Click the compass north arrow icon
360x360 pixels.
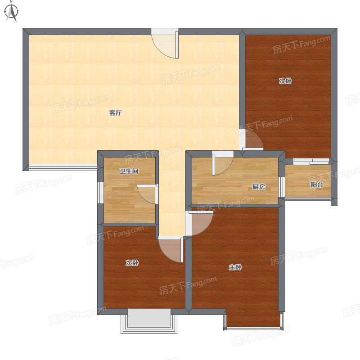pos(12,13)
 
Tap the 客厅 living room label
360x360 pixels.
pos(115,113)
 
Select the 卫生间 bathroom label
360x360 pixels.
pos(129,171)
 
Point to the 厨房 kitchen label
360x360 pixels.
pos(259,187)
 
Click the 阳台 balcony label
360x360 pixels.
pos(317,184)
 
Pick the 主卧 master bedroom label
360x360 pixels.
pos(235,267)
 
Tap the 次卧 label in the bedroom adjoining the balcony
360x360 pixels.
pos(285,81)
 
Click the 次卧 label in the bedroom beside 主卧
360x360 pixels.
pos(132,263)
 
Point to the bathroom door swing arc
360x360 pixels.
pos(147,194)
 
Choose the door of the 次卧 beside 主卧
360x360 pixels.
pos(171,250)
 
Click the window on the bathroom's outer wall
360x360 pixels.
pos(100,193)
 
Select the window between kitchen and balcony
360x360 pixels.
pos(282,187)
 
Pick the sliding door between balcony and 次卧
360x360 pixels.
pos(311,161)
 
